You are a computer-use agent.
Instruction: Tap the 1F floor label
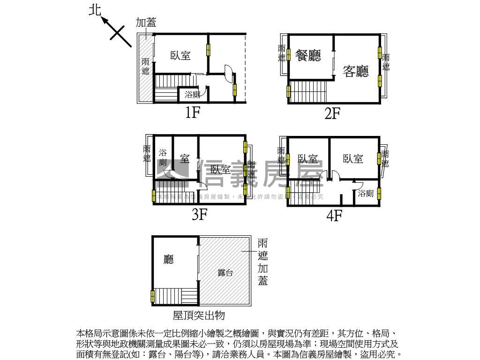192,112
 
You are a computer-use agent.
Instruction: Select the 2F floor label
332,113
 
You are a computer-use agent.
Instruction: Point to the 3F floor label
199,214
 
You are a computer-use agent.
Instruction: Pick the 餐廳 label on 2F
308,56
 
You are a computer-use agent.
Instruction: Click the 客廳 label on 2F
356,71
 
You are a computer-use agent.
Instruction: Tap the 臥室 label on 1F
180,56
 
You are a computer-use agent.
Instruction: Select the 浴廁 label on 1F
192,95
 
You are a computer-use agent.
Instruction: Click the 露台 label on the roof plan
225,273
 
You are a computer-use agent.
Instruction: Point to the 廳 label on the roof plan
168,259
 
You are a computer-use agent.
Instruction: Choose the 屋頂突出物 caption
199,315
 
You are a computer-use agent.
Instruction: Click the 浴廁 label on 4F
366,193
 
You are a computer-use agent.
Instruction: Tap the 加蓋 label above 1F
146,22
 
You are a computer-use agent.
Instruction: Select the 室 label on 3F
184,159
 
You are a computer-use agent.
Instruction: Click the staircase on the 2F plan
307,91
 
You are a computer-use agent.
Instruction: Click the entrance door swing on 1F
228,73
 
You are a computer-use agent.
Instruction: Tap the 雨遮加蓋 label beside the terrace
262,262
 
